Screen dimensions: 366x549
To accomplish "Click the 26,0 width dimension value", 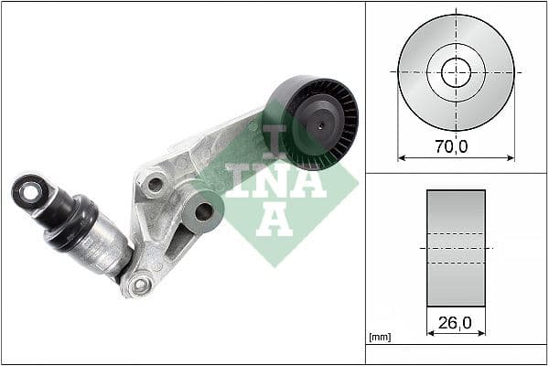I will [456, 322].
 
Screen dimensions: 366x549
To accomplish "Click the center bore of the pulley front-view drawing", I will [456, 71].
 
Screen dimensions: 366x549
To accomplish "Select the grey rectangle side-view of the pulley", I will [456, 248].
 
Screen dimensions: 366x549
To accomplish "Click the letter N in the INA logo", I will [274, 183].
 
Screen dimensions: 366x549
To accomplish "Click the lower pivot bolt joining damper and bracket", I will [140, 285].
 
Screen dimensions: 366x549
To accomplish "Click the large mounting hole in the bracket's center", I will [203, 211].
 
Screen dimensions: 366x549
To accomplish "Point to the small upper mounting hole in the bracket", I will [156, 184].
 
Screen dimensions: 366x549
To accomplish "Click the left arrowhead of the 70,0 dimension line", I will [401, 157].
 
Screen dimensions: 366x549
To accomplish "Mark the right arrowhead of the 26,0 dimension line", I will [482, 334].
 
